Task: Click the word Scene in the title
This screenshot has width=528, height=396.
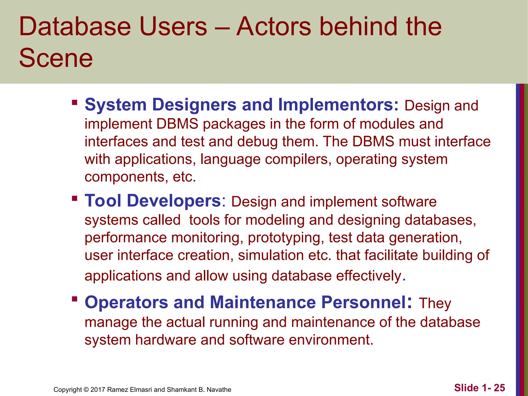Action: [x=56, y=58]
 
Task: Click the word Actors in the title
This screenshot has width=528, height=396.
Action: [x=274, y=27]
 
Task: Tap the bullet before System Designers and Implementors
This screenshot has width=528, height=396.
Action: [x=75, y=103]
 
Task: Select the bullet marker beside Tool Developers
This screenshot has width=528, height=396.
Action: [x=75, y=199]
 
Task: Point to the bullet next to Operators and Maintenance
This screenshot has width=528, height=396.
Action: [x=75, y=299]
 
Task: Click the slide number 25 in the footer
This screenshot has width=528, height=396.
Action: [x=499, y=388]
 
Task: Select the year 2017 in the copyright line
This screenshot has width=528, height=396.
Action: [x=98, y=390]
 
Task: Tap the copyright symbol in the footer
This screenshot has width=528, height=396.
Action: [x=86, y=390]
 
